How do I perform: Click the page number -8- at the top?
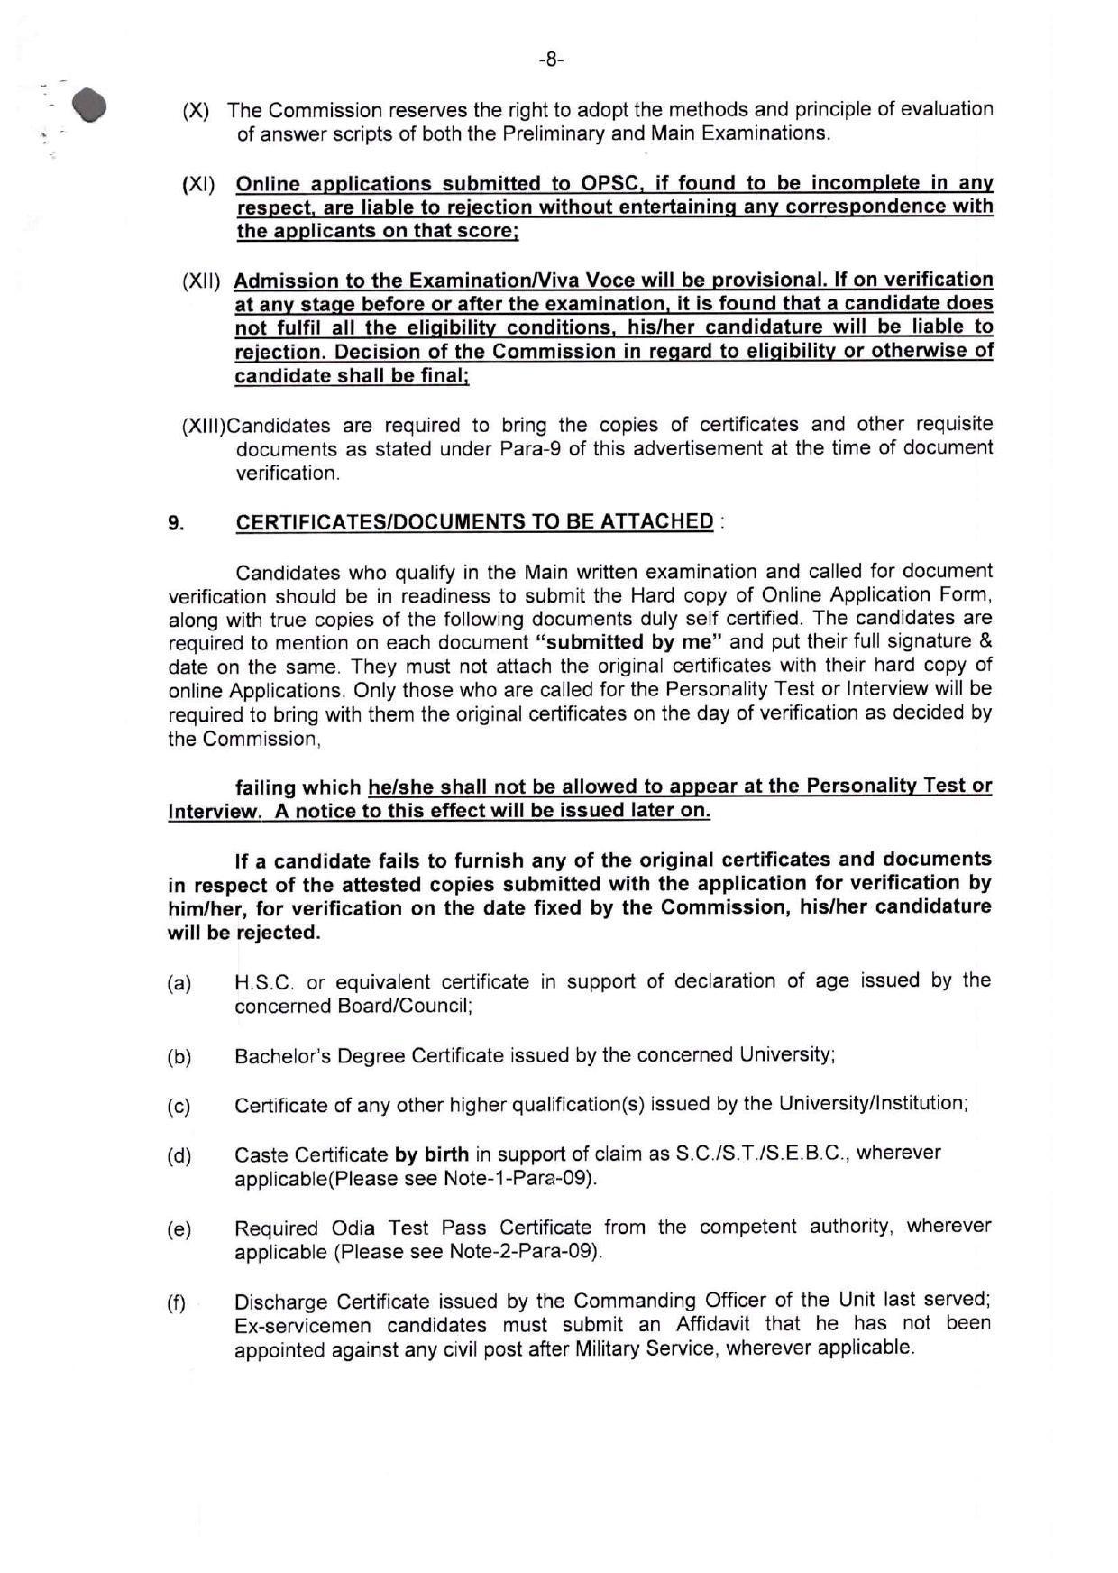point(551,60)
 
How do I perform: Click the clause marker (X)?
point(196,112)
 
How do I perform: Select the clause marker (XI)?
point(198,185)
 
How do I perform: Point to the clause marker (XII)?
point(201,281)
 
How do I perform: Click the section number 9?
point(176,523)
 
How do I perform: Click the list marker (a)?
point(179,984)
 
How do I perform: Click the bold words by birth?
point(432,1154)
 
